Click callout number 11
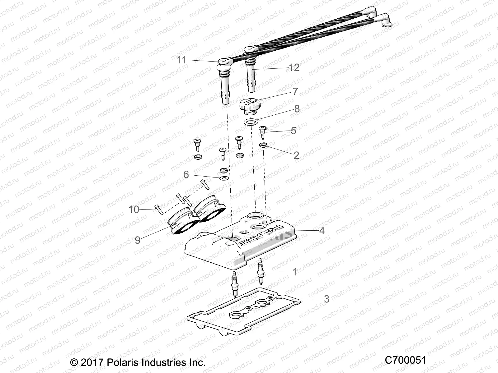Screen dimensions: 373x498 click(181, 60)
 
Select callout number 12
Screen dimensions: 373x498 click(294, 67)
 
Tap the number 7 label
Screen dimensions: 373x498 click(295, 91)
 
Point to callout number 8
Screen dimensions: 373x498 click(297, 108)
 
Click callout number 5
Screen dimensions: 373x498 click(293, 131)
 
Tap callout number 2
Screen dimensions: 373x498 click(296, 155)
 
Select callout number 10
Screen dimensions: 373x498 click(134, 210)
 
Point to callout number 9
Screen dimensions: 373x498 click(138, 240)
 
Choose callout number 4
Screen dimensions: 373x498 click(322, 230)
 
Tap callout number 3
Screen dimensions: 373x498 click(326, 299)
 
